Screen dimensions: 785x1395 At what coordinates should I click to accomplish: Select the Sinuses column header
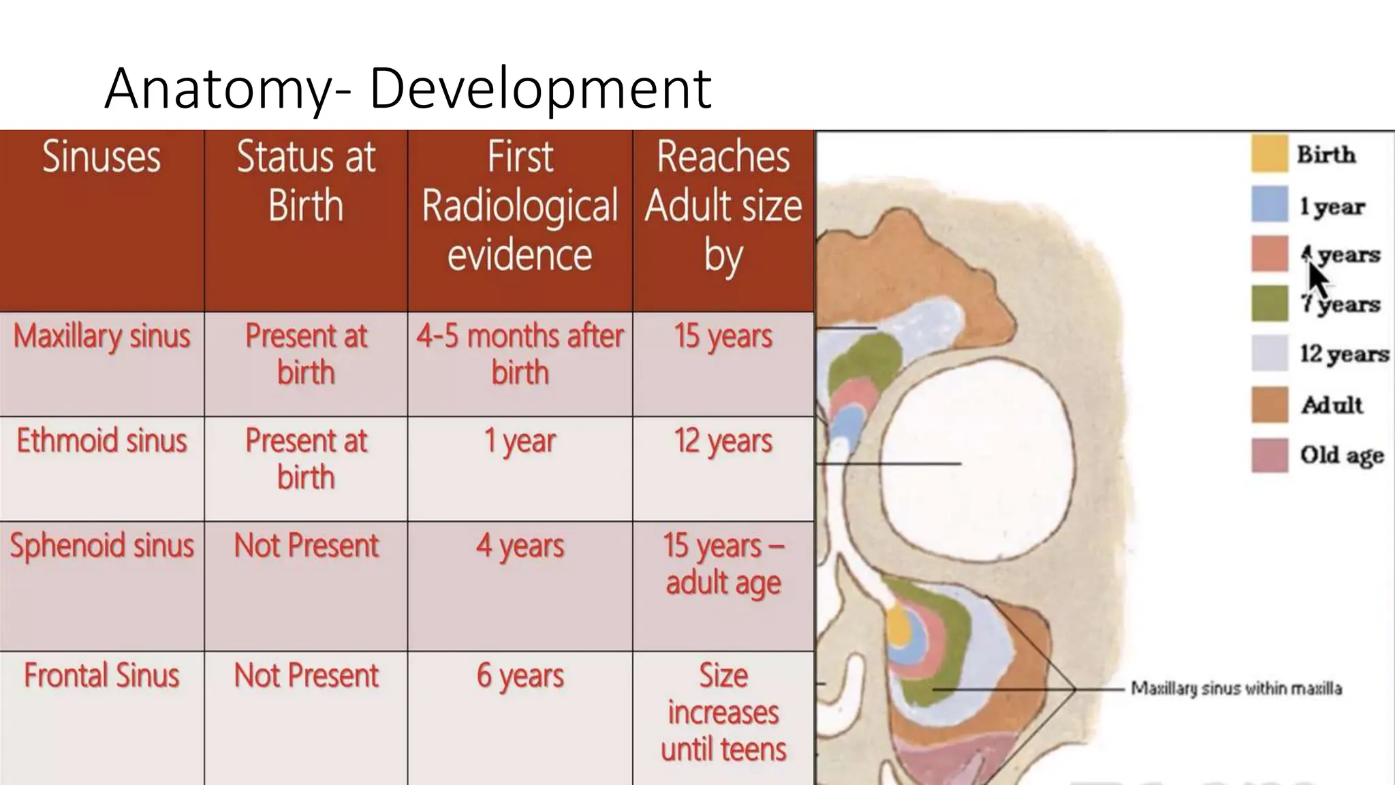click(101, 157)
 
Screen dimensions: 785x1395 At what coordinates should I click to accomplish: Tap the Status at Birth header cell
click(306, 181)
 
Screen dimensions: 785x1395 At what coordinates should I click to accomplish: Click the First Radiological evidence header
click(520, 206)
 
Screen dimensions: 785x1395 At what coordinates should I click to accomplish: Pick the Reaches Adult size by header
click(723, 206)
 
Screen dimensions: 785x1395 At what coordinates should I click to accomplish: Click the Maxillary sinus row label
click(101, 337)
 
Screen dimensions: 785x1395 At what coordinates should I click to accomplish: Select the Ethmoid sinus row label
click(101, 441)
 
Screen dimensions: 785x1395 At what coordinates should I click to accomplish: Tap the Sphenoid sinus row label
click(101, 546)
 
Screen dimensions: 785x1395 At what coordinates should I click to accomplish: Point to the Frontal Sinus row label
click(101, 676)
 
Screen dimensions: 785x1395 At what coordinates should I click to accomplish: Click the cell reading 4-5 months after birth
click(520, 354)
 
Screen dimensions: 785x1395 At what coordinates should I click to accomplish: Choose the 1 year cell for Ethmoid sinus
click(520, 442)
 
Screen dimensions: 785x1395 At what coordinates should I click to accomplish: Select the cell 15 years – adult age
click(723, 564)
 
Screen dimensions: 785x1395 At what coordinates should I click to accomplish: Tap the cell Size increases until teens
click(723, 712)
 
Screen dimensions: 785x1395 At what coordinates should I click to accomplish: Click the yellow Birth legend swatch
click(1270, 154)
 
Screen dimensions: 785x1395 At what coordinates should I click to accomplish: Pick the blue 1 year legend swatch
click(1270, 204)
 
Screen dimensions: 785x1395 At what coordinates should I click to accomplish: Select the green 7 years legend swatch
click(1270, 303)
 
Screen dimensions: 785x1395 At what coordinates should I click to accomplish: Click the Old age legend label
click(1341, 455)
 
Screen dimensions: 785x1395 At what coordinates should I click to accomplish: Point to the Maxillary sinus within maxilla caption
click(1236, 688)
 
